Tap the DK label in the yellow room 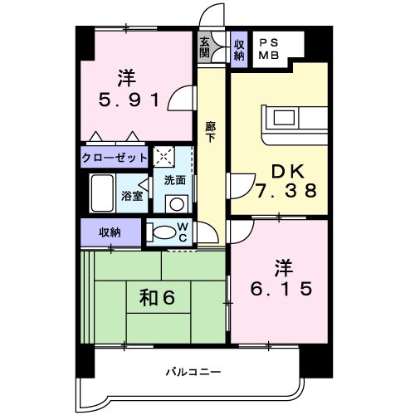[x=285, y=171]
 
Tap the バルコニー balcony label [x=192, y=373]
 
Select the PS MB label [x=267, y=50]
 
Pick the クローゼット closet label [x=115, y=156]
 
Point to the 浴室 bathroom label [x=132, y=196]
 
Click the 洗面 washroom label [x=175, y=178]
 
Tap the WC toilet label [x=184, y=232]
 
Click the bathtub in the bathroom [x=103, y=194]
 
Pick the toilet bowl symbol [x=163, y=233]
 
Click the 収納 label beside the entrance [x=239, y=49]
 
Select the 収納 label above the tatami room [x=110, y=232]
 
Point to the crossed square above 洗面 [x=164, y=155]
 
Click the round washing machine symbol [x=175, y=203]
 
